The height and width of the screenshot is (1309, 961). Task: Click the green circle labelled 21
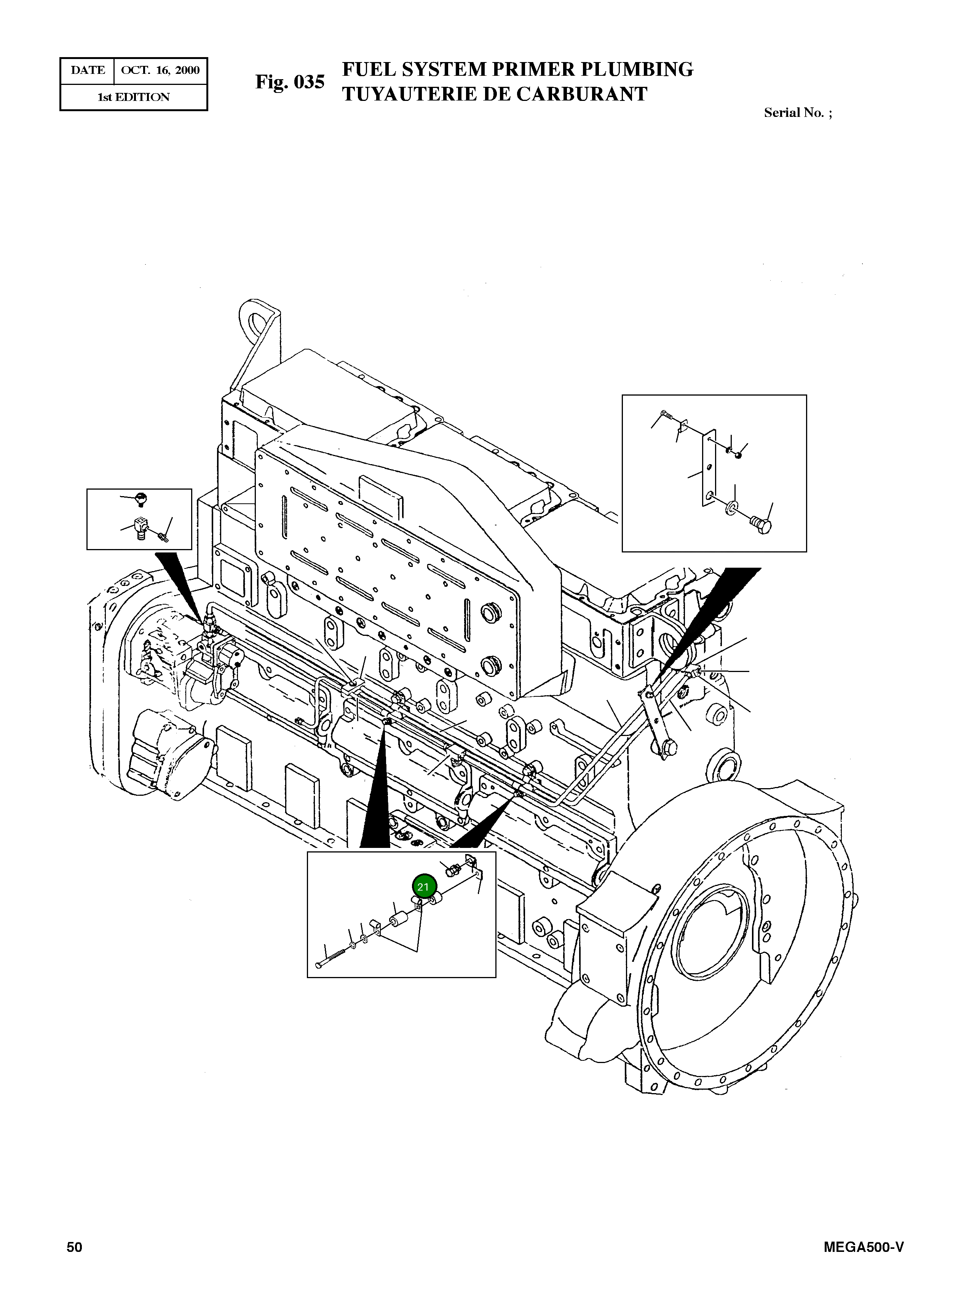423,887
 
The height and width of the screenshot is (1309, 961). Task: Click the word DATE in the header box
88,70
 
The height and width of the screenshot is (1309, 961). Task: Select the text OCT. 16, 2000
160,70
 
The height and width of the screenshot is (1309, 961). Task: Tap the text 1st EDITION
133,97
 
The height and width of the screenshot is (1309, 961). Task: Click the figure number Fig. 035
290,82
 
